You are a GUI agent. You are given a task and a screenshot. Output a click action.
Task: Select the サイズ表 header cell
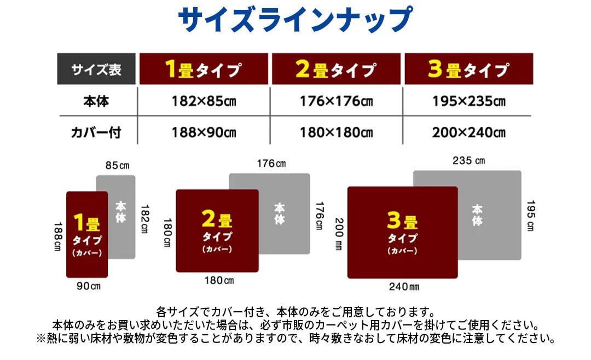(96, 69)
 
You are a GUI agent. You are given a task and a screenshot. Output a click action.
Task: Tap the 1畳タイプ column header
(204, 69)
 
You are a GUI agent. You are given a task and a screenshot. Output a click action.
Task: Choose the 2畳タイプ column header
(335, 69)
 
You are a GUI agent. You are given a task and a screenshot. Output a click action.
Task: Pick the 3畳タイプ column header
(468, 69)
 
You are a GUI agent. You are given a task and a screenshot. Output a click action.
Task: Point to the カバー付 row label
(96, 132)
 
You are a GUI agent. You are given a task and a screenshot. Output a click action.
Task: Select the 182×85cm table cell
(203, 102)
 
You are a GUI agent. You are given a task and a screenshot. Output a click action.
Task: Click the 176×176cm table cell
(336, 102)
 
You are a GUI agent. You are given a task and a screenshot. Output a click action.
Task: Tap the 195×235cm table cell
(468, 102)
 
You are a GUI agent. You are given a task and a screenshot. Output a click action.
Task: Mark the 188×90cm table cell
(203, 132)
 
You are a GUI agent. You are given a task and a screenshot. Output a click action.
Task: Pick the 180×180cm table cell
(336, 132)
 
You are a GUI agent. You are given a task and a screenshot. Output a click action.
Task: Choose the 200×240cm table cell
(468, 132)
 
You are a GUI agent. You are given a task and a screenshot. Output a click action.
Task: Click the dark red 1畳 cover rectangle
(87, 234)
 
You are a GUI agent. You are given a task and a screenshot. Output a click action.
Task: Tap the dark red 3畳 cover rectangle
(402, 232)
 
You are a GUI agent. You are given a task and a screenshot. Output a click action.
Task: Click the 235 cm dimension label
(469, 161)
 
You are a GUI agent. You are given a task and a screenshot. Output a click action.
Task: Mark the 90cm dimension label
(89, 286)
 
